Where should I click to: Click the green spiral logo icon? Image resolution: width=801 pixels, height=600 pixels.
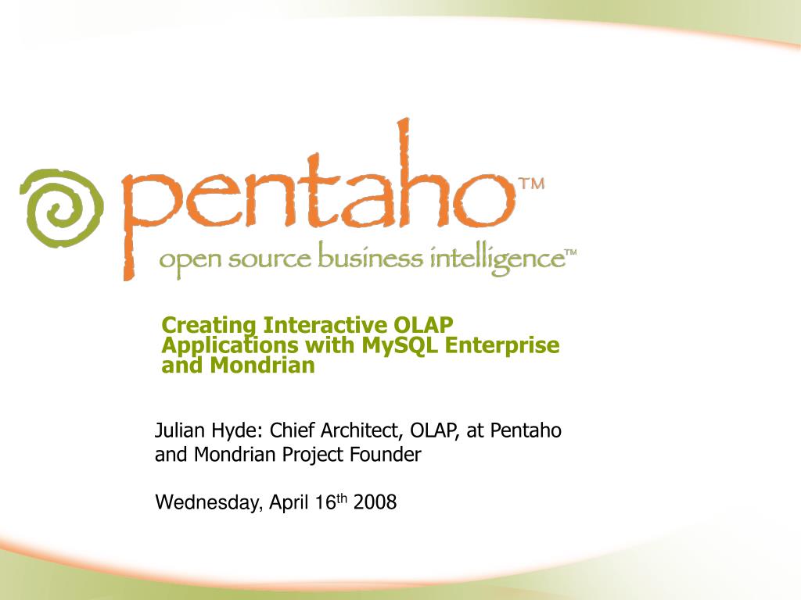61,208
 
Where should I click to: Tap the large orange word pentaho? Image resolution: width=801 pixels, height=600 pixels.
318,199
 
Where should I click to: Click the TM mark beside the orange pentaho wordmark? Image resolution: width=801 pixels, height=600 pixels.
532,184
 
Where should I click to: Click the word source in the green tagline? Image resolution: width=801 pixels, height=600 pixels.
269,259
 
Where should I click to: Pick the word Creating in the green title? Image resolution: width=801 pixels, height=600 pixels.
209,326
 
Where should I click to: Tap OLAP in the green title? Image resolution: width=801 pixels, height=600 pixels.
423,325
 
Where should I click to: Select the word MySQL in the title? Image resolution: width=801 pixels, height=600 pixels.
400,345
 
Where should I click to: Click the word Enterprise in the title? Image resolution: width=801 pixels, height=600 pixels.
502,346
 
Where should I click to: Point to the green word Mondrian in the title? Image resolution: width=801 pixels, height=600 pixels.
262,366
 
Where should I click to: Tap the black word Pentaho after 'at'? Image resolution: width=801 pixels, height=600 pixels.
526,430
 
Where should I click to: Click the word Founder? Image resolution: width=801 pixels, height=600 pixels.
386,454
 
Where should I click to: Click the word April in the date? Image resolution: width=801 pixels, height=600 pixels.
289,502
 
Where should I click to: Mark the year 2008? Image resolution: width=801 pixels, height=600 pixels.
375,502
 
